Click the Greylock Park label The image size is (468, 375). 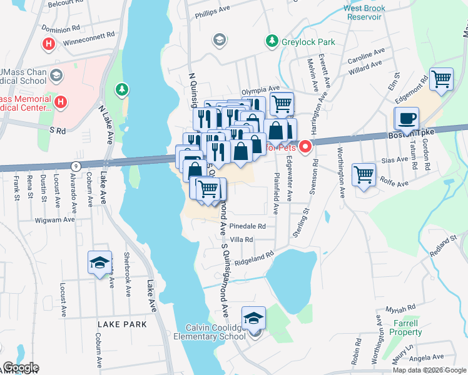tap(308, 42)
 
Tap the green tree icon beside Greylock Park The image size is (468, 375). tap(272, 41)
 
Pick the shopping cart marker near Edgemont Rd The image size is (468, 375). tap(442, 79)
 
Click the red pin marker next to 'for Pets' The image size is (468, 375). tap(305, 147)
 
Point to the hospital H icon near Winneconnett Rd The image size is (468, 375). tap(48, 44)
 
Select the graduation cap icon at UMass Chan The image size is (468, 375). tap(56, 76)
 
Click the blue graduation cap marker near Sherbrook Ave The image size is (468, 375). tap(99, 262)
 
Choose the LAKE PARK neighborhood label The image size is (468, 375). tap(122, 324)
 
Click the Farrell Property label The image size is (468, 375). tap(406, 327)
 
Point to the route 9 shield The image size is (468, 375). tap(76, 165)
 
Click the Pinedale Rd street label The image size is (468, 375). tap(248, 226)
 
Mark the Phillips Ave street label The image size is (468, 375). tap(215, 13)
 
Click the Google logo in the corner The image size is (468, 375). tap(21, 367)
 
